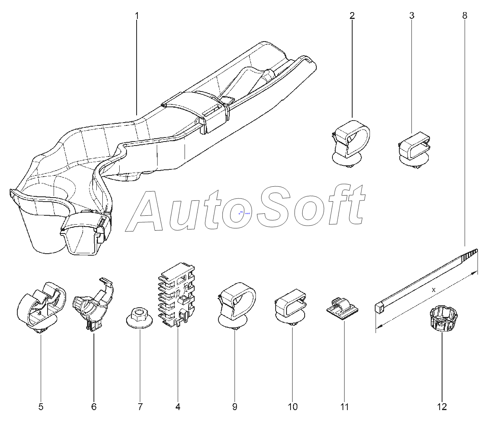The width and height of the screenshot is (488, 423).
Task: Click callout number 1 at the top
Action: [x=137, y=16]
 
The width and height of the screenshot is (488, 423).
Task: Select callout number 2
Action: [x=352, y=16]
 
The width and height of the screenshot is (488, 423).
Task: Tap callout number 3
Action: [x=412, y=16]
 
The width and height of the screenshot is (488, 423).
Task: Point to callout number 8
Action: [x=465, y=16]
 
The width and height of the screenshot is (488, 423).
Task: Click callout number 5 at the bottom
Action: [x=41, y=407]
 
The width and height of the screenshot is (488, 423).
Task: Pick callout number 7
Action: [x=140, y=407]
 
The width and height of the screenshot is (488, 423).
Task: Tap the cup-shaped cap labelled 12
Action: [x=443, y=318]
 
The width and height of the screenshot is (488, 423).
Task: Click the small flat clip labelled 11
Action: [x=343, y=309]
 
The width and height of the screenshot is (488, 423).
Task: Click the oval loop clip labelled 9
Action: [x=236, y=305]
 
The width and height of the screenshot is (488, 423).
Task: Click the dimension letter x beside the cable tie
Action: [x=434, y=290]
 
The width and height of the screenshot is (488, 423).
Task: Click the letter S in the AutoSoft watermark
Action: [x=273, y=208]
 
